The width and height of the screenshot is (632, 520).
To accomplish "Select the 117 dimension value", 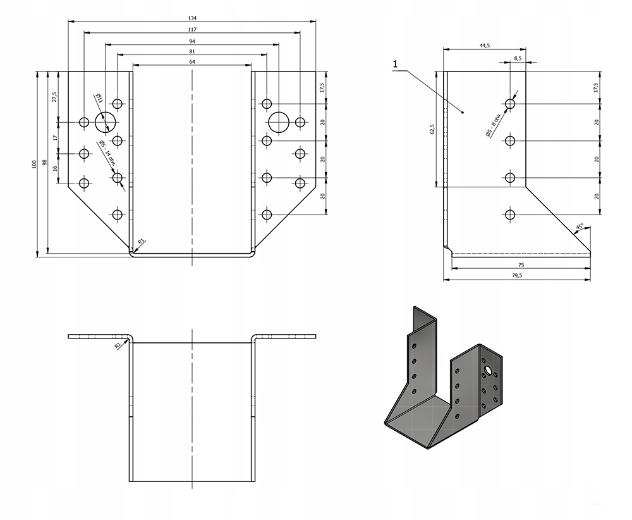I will pos(191,29).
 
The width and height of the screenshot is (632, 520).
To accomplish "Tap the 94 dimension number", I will pos(191,41).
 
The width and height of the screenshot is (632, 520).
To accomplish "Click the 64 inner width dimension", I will pos(191,62).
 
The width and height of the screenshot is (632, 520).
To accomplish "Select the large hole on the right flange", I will pos(278,121).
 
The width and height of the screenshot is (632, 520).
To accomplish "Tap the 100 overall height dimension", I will pos(34,164).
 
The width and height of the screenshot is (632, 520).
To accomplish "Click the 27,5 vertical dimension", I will pos(54,96).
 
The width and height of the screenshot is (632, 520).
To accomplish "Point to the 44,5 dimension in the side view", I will pos(485,46).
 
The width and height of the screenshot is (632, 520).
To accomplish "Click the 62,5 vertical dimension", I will pos(432,129).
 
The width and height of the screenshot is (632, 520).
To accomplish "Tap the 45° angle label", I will pos(580,226).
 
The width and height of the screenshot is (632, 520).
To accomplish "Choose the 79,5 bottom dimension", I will pos(516,276).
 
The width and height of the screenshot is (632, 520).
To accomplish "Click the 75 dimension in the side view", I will pos(521,265).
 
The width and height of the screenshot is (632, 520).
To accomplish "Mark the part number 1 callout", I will pos(394,64).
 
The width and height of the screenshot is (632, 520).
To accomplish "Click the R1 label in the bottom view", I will pos(118,345).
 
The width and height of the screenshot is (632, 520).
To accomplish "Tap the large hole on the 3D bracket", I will pos(488,368).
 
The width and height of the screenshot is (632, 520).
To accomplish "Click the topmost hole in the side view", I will pos(511,103).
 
